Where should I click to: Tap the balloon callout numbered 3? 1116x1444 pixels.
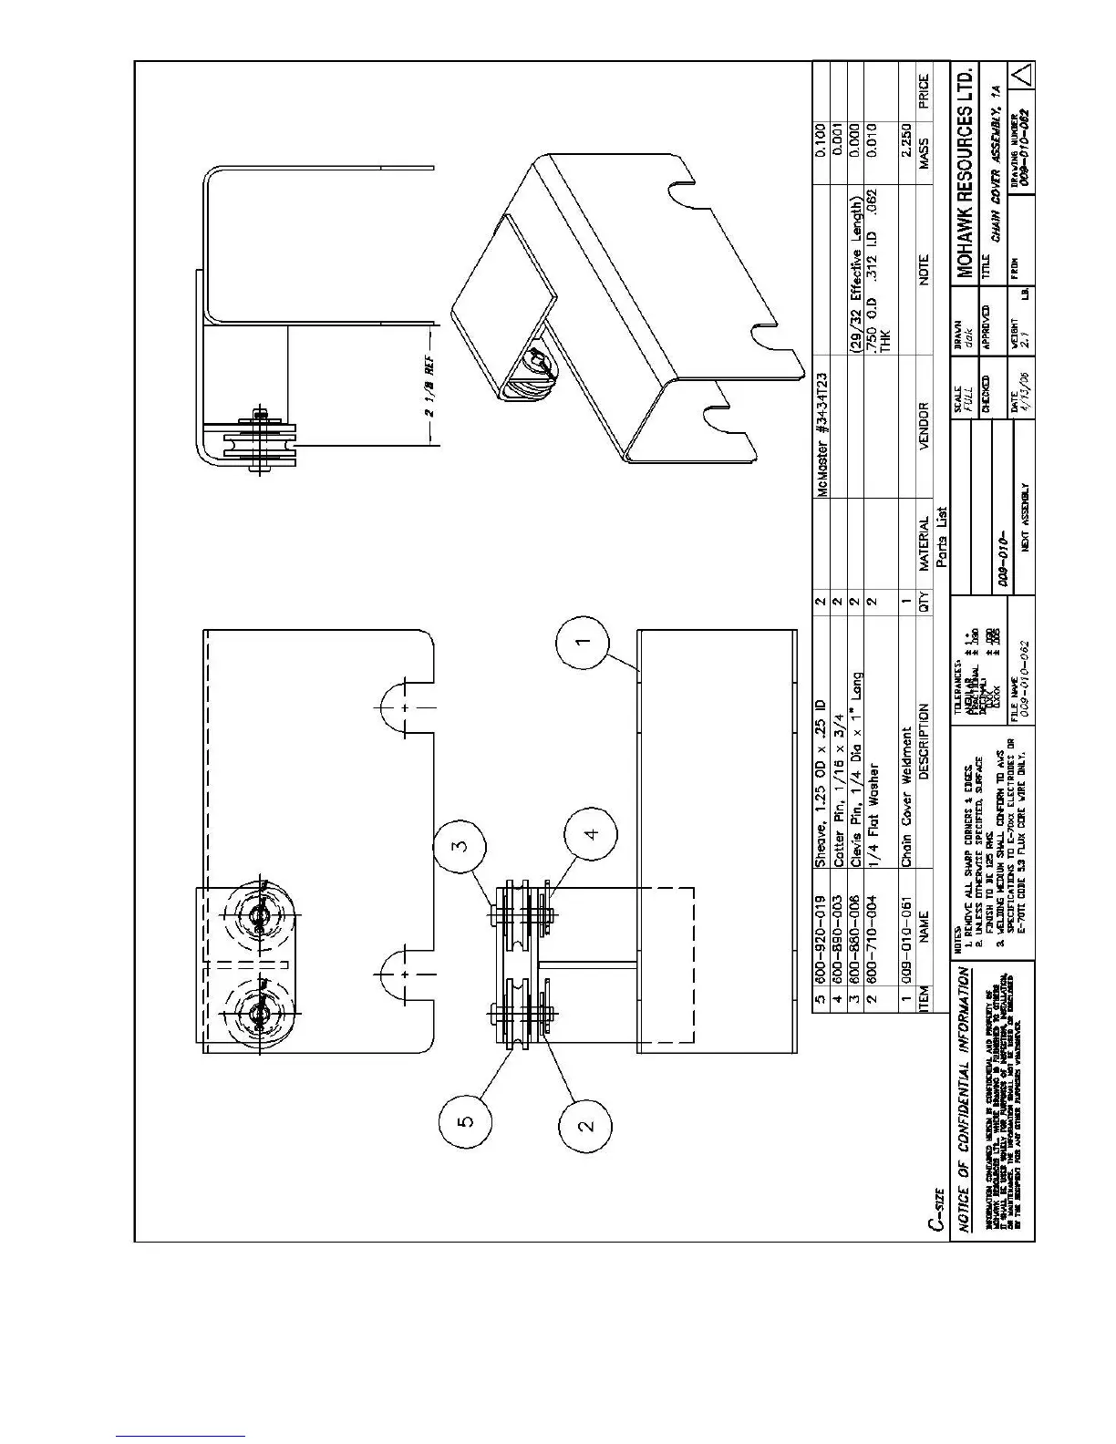(x=463, y=845)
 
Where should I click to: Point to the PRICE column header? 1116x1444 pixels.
(x=924, y=95)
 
